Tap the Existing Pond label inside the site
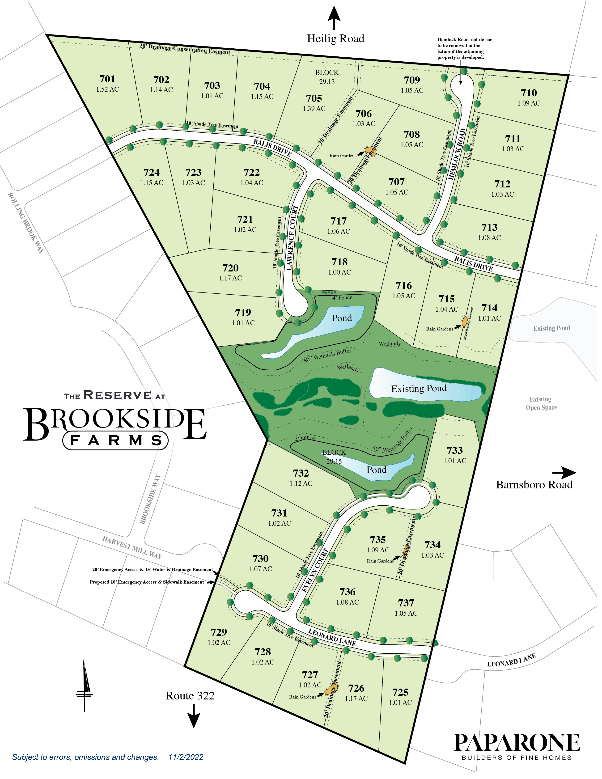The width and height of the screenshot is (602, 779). tap(419, 388)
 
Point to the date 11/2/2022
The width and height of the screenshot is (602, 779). tap(186, 757)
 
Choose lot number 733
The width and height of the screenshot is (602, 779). tap(454, 450)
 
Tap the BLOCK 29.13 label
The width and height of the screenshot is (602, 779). tap(327, 77)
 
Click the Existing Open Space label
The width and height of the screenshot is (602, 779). tap(541, 403)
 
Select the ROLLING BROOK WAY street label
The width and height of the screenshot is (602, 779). tap(26, 223)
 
